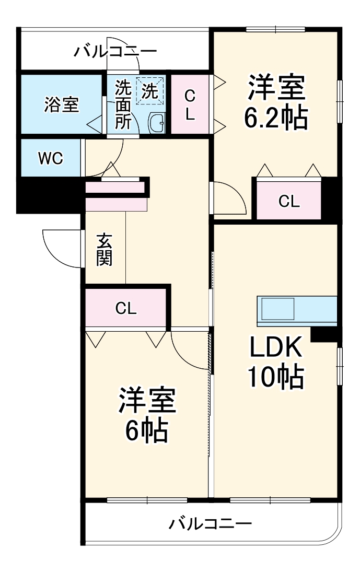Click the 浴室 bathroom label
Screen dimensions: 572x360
point(61,104)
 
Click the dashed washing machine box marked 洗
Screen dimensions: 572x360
point(150,91)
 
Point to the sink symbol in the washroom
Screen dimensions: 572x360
point(157,123)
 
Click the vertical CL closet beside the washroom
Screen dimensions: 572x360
point(190,104)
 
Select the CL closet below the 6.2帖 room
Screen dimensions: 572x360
point(288,201)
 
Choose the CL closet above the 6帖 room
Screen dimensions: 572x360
point(126,308)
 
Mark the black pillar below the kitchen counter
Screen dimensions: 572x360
point(324,334)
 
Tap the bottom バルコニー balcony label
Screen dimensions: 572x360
point(210,523)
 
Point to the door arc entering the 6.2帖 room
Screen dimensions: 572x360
point(229,199)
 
